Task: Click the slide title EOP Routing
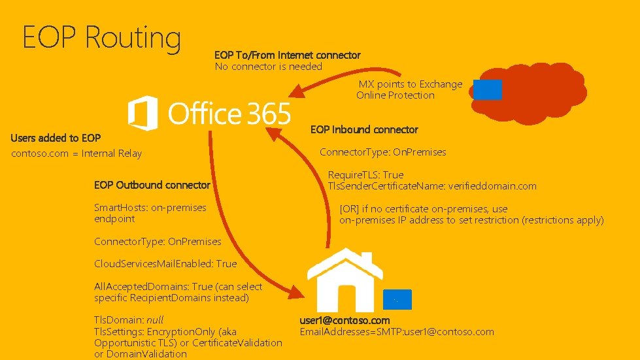point(101,37)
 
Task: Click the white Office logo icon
point(143,113)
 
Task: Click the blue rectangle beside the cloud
point(487,90)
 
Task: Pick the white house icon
point(345,280)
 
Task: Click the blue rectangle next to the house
point(397,299)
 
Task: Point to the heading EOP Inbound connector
point(364,129)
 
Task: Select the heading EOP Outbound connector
point(152,185)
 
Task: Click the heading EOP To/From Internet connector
point(287,55)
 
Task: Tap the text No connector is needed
point(268,66)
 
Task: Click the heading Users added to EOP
point(56,138)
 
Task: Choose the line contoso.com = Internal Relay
point(76,154)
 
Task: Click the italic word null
point(155,320)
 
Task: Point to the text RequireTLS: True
point(365,175)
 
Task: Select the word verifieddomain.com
point(492,186)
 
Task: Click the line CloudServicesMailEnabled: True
point(165,264)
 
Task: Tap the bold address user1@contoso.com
point(345,320)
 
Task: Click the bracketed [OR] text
point(350,209)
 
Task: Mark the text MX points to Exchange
point(410,84)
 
